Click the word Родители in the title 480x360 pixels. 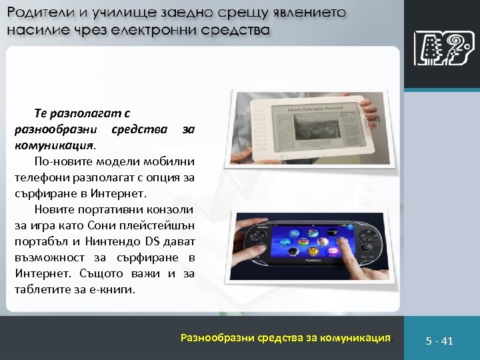coord(39,13)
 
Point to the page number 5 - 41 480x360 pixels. coord(440,341)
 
